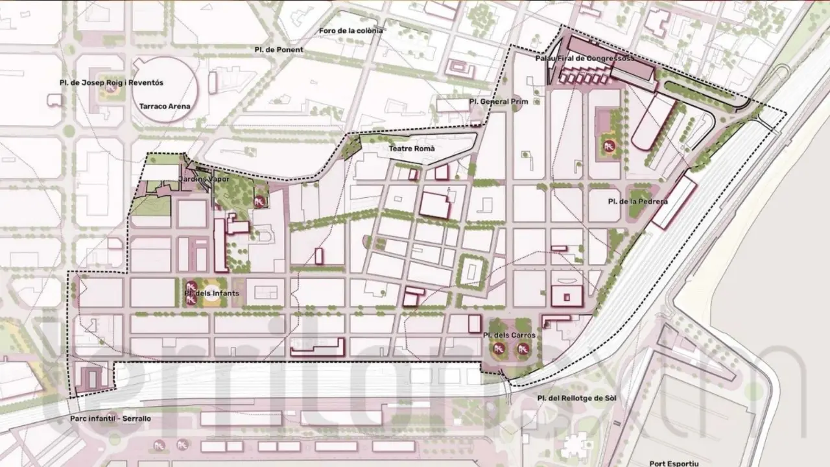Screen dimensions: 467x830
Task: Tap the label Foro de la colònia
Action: point(351,30)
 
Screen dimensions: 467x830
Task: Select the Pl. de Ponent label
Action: point(279,49)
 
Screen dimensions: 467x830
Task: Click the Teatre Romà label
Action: point(411,149)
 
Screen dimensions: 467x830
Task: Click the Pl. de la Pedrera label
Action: point(637,201)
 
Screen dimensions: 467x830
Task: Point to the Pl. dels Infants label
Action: point(211,293)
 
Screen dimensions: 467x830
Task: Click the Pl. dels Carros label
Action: point(510,335)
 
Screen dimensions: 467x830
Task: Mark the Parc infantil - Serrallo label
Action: point(111,418)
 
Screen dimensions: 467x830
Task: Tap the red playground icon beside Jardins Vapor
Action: point(259,202)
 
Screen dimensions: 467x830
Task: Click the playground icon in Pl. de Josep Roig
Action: point(111,90)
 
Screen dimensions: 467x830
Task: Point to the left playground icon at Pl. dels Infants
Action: point(192,285)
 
